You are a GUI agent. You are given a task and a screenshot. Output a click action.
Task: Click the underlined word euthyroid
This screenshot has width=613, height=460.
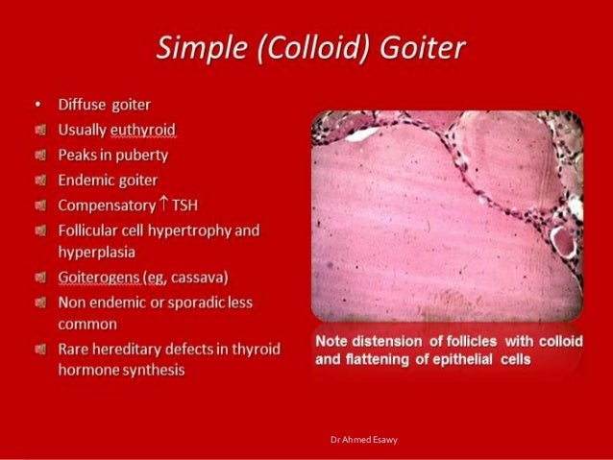click(141, 129)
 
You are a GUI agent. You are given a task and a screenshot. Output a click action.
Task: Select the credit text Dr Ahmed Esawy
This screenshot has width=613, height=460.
click(363, 439)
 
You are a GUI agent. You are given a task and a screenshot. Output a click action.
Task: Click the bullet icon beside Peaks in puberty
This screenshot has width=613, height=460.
click(38, 154)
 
